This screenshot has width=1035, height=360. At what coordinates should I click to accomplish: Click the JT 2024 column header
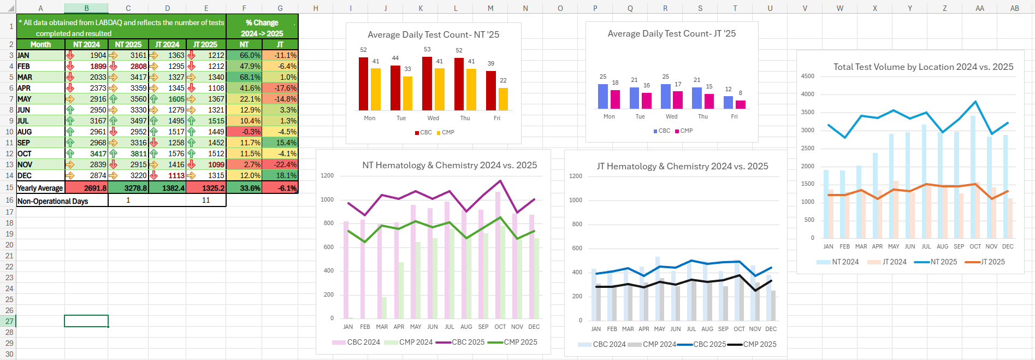click(167, 44)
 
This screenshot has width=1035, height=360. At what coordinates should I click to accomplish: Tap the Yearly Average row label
click(40, 188)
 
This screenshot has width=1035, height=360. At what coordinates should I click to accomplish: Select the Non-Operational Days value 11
click(206, 200)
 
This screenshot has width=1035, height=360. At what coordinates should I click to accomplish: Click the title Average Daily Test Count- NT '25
click(433, 34)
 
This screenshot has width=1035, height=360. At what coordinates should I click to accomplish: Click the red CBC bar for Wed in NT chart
click(427, 84)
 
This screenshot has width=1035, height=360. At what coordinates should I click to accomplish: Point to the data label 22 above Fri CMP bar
click(503, 80)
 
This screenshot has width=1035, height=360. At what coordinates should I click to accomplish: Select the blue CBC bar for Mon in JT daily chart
click(603, 96)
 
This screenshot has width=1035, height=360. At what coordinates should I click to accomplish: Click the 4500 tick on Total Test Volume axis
click(807, 76)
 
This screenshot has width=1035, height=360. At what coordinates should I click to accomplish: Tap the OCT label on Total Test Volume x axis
click(975, 246)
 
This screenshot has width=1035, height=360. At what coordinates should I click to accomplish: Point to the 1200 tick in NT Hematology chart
click(327, 176)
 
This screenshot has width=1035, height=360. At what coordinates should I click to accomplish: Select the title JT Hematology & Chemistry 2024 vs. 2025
click(682, 166)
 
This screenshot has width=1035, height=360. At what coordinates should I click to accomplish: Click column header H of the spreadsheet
click(316, 8)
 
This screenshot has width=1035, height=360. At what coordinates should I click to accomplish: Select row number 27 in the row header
click(9, 321)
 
